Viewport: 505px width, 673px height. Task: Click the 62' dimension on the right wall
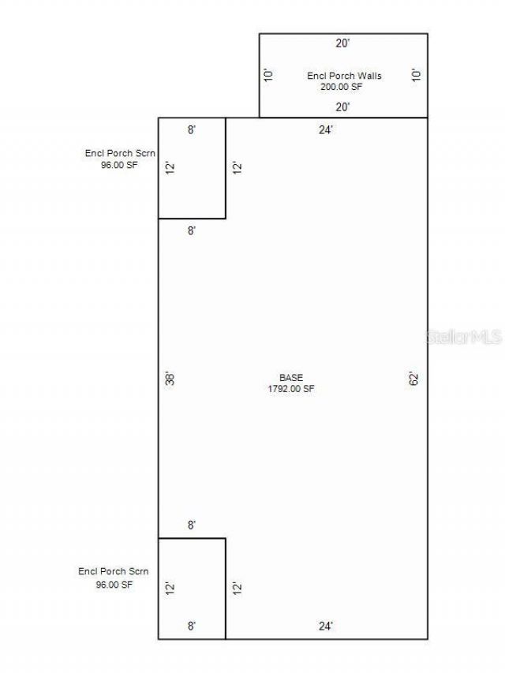point(413,379)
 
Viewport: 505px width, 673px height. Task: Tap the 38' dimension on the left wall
point(170,379)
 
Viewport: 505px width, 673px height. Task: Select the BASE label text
point(291,378)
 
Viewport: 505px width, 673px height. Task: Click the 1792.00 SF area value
point(291,389)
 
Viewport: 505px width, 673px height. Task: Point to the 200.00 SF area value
point(342,87)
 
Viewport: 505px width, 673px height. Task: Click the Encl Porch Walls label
point(344,76)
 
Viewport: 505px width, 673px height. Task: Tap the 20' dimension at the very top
point(342,43)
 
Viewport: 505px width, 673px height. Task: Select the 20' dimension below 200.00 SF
point(342,107)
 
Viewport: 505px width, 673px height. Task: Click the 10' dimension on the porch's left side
point(268,75)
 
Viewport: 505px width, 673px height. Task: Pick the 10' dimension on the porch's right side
point(416,75)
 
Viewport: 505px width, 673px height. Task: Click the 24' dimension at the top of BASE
point(326,129)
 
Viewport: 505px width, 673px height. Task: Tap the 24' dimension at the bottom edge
point(326,626)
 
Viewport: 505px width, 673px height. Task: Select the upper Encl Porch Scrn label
point(120,153)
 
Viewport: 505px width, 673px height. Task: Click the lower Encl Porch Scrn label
point(114,572)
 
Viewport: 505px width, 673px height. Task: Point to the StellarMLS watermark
point(464,337)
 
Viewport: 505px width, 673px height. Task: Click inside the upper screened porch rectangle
point(192,180)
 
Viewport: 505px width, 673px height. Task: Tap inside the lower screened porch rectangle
point(192,601)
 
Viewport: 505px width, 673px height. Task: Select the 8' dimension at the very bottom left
point(192,626)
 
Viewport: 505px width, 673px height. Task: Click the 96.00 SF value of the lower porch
point(114,585)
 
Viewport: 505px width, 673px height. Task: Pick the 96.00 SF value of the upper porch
point(119,165)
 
